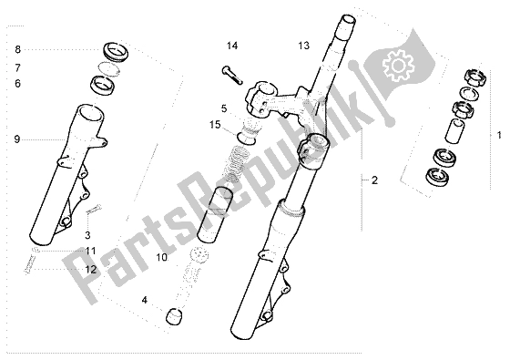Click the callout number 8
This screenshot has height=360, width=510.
pyautogui.click(x=17, y=49)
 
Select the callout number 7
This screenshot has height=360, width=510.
pyautogui.click(x=17, y=67)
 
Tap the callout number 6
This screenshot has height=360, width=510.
pyautogui.click(x=17, y=84)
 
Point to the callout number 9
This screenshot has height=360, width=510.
pyautogui.click(x=17, y=139)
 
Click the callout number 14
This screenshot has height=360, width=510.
pyautogui.click(x=232, y=46)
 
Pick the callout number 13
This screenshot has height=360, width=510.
pyautogui.click(x=304, y=46)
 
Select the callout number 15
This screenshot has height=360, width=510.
pyautogui.click(x=215, y=125)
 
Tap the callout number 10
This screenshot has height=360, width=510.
pyautogui.click(x=162, y=257)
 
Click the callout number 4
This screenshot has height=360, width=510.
pyautogui.click(x=145, y=300)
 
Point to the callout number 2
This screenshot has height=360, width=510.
pyautogui.click(x=374, y=180)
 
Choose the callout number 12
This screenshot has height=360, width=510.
pyautogui.click(x=91, y=270)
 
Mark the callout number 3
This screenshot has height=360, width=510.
pyautogui.click(x=87, y=235)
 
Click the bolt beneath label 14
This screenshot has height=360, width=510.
pyautogui.click(x=232, y=75)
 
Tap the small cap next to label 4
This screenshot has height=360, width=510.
pyautogui.click(x=174, y=317)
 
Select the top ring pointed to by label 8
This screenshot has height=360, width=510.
pyautogui.click(x=116, y=51)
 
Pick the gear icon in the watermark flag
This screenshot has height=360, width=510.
pyautogui.click(x=399, y=66)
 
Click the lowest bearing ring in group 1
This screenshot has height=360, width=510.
pyautogui.click(x=436, y=177)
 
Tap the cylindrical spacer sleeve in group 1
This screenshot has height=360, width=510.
pyautogui.click(x=454, y=130)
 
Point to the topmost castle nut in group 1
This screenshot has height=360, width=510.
pyautogui.click(x=474, y=77)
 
